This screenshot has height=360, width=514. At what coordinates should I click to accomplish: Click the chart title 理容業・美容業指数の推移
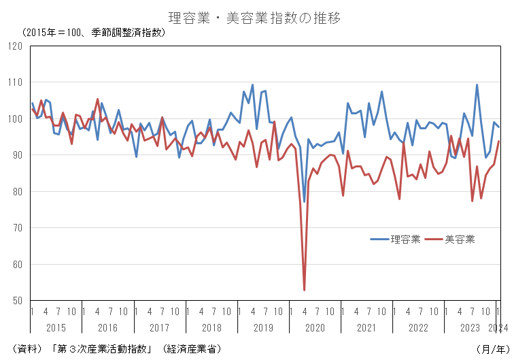(254, 18)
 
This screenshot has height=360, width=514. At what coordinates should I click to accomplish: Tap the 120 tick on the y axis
(16, 46)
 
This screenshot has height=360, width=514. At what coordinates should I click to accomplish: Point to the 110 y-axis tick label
(16, 82)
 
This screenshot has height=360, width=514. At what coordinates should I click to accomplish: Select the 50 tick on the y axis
(18, 301)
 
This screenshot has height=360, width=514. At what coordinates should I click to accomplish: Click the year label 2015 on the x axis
(56, 328)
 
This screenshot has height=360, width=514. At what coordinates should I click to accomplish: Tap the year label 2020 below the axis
(315, 328)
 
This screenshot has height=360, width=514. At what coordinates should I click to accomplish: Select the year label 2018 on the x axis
(211, 328)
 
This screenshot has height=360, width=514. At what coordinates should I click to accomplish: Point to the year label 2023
(470, 328)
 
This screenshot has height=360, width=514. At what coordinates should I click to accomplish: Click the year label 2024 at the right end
(499, 328)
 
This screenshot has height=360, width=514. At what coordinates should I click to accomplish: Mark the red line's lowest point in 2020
(304, 290)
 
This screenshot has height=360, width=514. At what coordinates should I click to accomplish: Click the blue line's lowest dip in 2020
(304, 201)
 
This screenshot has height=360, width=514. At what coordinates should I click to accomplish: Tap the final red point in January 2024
(499, 142)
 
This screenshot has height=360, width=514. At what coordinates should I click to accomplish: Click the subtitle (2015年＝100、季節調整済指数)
(93, 33)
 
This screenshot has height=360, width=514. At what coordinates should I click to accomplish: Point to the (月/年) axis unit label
(490, 348)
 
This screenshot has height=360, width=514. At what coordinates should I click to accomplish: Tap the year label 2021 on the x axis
(367, 328)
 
